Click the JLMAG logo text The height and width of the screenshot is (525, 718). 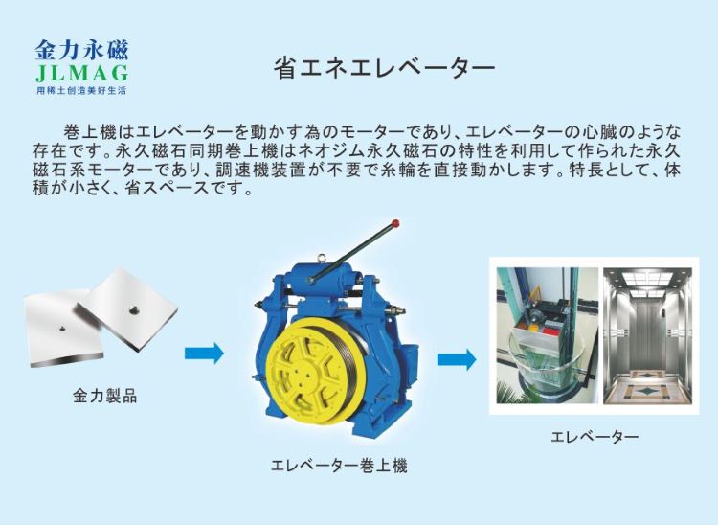(x=80, y=74)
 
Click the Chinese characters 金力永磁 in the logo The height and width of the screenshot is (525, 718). (x=80, y=51)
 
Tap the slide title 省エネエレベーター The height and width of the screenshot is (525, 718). (x=383, y=68)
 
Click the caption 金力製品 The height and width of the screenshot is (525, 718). (x=104, y=395)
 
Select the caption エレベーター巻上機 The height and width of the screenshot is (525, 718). (x=339, y=467)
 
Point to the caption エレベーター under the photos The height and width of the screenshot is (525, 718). (x=595, y=437)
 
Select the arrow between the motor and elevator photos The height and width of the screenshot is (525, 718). (x=457, y=359)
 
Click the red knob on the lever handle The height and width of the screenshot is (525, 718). (x=395, y=225)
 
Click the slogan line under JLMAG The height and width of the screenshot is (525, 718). (x=80, y=90)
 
